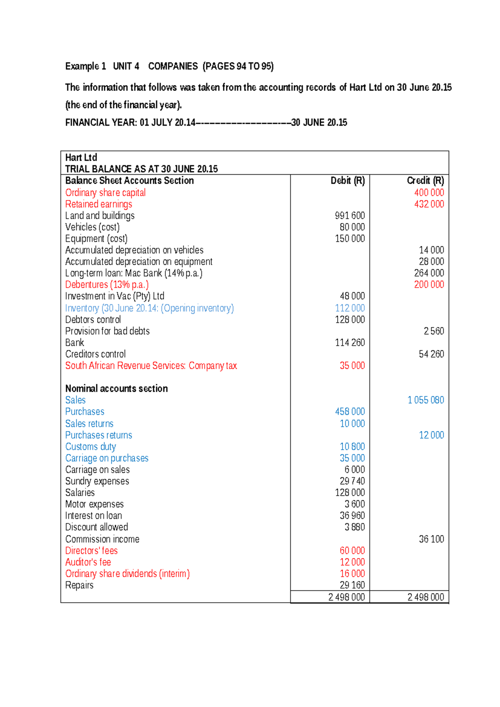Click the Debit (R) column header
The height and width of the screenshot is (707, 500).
click(x=347, y=181)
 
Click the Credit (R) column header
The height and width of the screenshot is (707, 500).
click(x=425, y=181)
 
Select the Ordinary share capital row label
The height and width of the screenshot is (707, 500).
click(x=105, y=193)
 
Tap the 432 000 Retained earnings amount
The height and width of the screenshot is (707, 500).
click(x=429, y=204)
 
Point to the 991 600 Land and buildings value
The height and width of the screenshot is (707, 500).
click(x=350, y=216)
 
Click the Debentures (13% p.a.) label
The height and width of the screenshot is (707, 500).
click(x=107, y=284)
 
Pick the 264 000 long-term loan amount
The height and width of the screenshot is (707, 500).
click(x=429, y=273)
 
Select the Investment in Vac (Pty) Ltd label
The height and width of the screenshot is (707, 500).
click(x=115, y=296)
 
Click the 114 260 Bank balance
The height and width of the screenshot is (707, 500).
click(x=350, y=343)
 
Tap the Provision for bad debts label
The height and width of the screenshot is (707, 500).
click(x=107, y=331)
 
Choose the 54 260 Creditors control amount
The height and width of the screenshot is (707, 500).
click(x=431, y=354)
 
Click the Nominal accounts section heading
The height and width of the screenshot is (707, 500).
click(x=116, y=389)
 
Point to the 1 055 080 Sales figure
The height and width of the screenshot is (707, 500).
click(x=425, y=400)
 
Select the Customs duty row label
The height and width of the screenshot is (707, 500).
click(x=90, y=446)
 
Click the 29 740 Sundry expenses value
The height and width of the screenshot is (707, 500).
click(x=352, y=481)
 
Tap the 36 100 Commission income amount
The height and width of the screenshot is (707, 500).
click(x=431, y=539)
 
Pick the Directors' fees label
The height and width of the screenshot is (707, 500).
click(x=91, y=551)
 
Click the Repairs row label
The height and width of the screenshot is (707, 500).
click(x=79, y=585)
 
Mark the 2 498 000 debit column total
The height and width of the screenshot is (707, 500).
click(x=346, y=597)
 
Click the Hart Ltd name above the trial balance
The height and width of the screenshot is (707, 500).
click(x=81, y=158)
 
